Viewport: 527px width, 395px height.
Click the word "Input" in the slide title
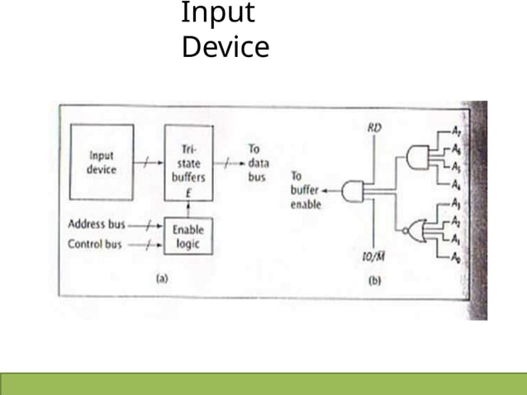click(218, 14)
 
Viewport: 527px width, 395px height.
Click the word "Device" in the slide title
click(225, 47)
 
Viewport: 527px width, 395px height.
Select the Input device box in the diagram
click(102, 162)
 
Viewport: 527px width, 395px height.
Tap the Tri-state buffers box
click(188, 163)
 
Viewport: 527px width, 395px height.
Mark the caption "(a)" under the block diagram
click(162, 278)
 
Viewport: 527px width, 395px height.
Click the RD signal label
click(373, 127)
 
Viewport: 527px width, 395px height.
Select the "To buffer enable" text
click(305, 191)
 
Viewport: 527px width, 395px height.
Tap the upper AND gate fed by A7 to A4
click(419, 156)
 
